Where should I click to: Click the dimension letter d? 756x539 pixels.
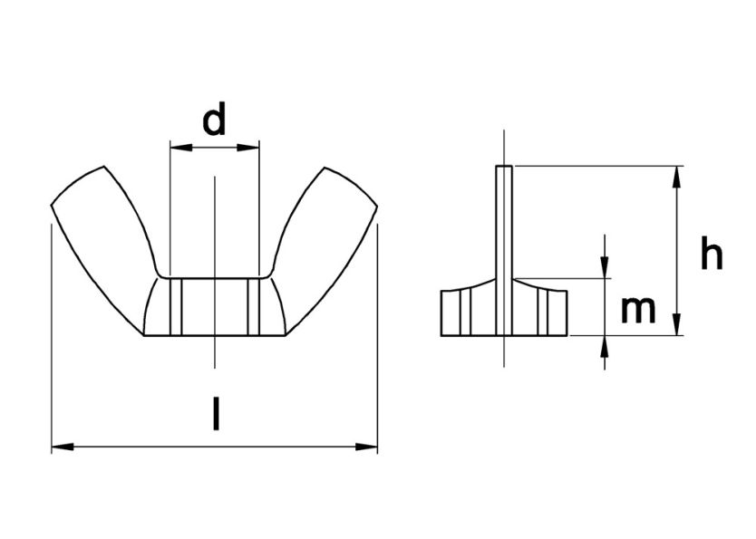[214, 120]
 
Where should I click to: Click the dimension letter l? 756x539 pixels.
[215, 416]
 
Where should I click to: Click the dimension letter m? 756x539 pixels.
[638, 310]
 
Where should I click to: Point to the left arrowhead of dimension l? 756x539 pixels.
[60, 447]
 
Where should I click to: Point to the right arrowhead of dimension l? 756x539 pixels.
[369, 447]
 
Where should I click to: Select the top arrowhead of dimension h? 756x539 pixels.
[677, 174]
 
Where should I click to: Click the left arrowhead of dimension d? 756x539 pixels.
[178, 146]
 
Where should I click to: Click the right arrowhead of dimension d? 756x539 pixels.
[251, 146]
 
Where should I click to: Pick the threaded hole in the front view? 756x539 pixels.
[215, 306]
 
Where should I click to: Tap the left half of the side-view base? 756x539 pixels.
[468, 311]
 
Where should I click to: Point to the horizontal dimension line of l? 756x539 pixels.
[136, 447]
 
